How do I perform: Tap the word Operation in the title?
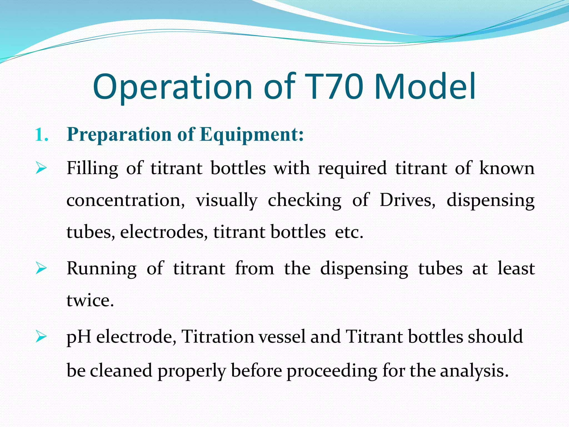point(172,87)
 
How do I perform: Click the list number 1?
point(42,135)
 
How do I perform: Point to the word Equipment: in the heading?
point(252,135)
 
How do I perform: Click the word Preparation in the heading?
point(119,135)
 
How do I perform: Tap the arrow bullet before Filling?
point(41,168)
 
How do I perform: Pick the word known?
point(507,168)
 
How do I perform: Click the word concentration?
point(126,200)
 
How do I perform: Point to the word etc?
point(349,232)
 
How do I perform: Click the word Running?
point(102,269)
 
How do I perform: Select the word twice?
point(90,301)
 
